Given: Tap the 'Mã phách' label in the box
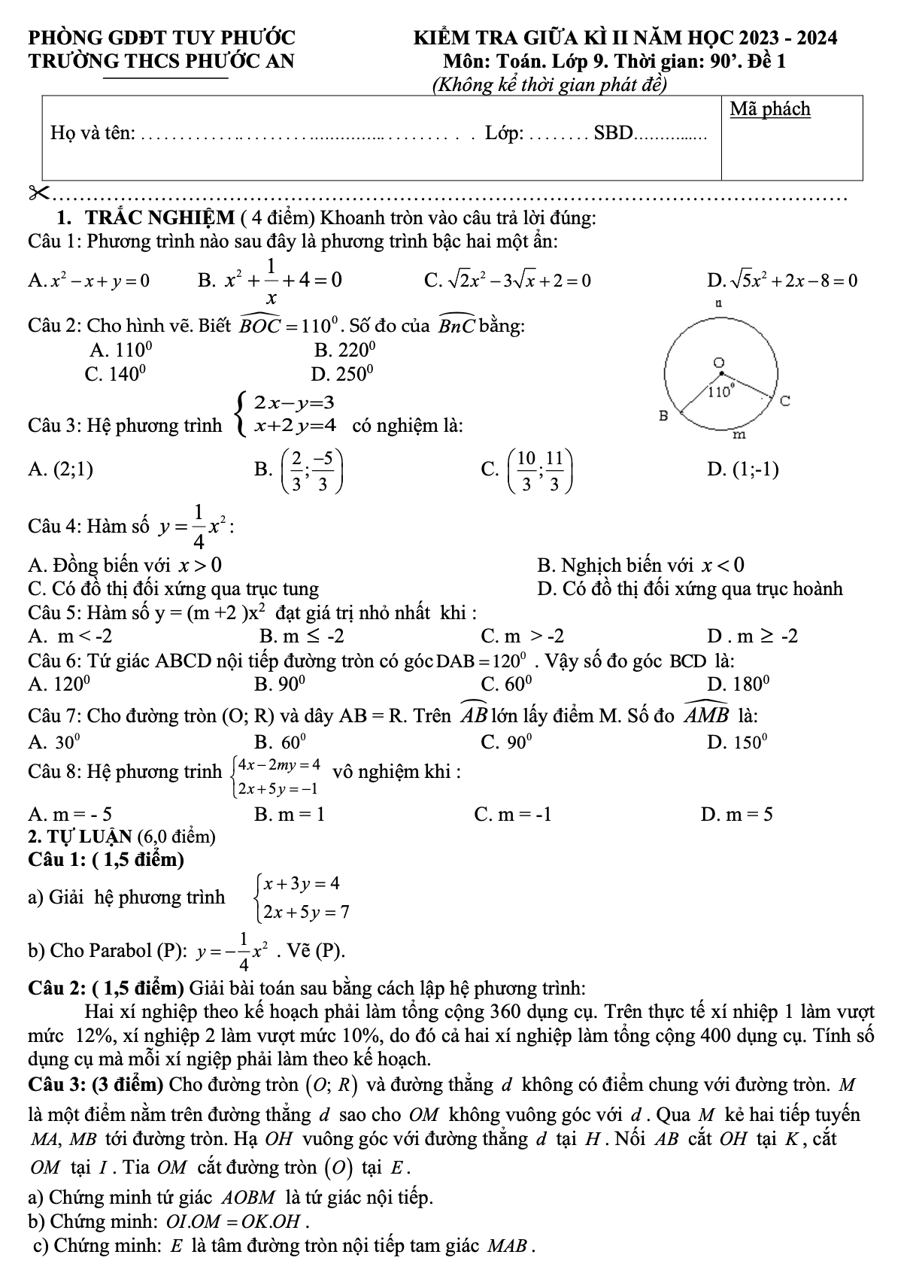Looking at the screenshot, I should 770,109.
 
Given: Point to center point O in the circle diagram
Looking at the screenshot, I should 720,363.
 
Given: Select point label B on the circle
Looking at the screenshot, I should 663,415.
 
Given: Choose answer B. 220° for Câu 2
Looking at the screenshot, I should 344,349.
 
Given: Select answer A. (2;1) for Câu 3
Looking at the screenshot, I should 61,470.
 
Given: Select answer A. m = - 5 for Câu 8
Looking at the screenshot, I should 71,813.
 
